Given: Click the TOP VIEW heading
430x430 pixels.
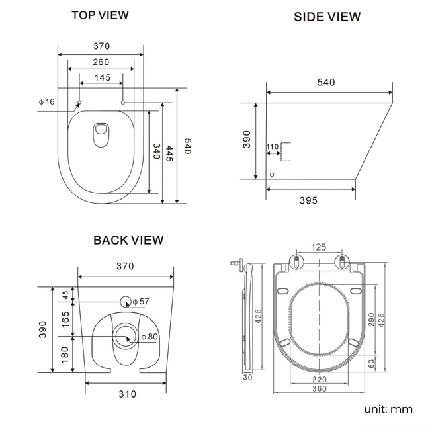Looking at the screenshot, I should tap(101, 15).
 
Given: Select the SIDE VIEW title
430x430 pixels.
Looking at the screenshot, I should tap(327, 17).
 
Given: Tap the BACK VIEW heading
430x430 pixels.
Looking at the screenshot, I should tap(128, 240).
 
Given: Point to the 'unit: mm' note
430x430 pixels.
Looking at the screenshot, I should tap(388, 409).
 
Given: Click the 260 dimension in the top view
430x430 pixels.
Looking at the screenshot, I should tap(101, 62).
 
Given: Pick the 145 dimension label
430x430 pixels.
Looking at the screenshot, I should tap(101, 78).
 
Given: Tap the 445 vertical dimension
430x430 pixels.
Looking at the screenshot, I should tap(170, 154).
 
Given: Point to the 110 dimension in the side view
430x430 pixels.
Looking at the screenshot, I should tap(272, 146).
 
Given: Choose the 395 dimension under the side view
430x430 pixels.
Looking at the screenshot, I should tap(309, 200).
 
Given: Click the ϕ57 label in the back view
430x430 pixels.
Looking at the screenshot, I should tap(141, 302).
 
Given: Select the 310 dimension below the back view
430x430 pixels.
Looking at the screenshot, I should tap(127, 394).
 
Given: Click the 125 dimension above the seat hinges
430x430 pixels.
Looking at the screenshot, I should tap(318, 247).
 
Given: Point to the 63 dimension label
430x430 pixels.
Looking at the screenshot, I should tap(371, 363).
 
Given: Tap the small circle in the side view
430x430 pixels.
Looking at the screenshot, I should tap(273, 175).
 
